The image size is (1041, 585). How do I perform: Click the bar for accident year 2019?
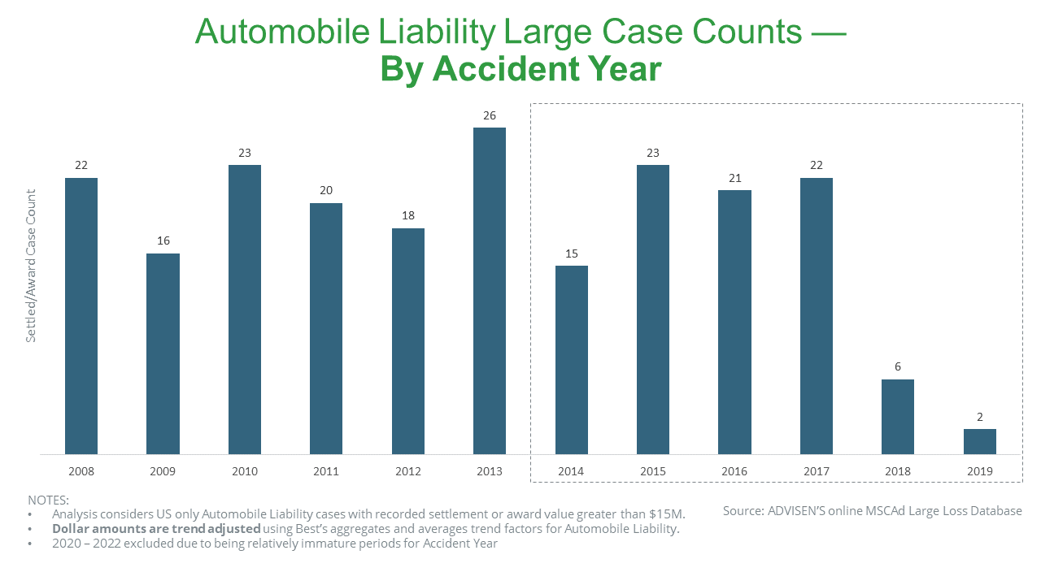point(979,441)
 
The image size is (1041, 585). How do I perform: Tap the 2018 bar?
point(898,416)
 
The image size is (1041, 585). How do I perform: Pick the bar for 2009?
point(163,353)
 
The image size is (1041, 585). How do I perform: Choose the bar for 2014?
point(571,360)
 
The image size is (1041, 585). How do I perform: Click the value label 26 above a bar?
point(489,115)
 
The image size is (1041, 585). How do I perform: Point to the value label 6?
point(898,366)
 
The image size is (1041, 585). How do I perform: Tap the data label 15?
point(571,253)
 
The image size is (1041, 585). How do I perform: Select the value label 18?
point(407,216)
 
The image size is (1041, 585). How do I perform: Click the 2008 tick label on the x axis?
point(81,471)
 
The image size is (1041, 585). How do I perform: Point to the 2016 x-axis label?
point(734,471)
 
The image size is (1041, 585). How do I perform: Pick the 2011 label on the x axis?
point(326,471)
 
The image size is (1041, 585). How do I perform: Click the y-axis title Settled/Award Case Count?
point(31,266)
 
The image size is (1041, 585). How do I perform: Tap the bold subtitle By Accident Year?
point(520,70)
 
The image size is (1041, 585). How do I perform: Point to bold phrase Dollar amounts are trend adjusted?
point(156,529)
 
